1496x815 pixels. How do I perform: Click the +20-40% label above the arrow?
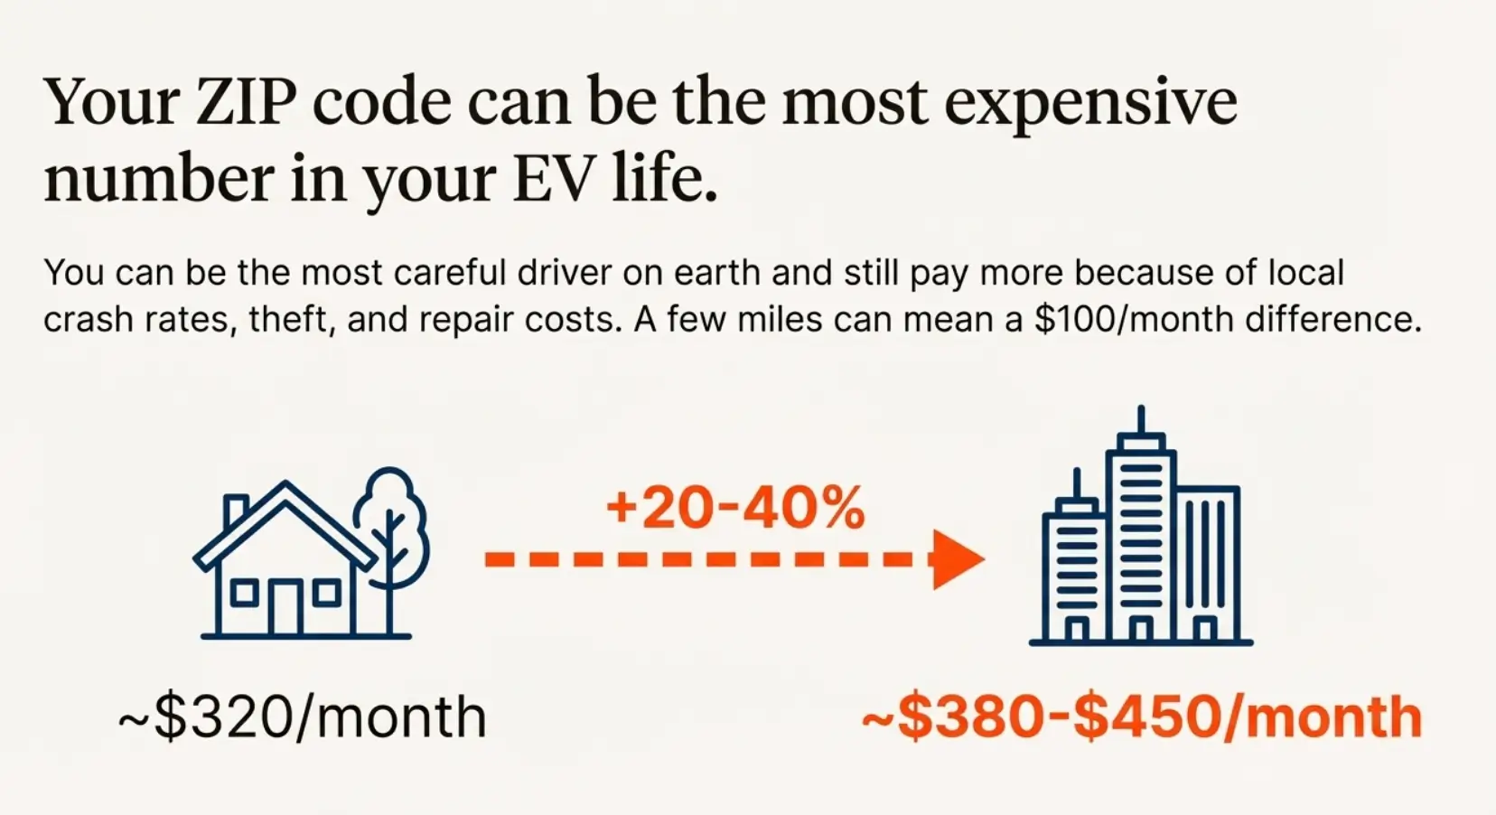pyautogui.click(x=735, y=508)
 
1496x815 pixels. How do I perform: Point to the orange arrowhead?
pyautogui.click(x=957, y=560)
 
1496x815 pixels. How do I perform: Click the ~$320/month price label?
pyautogui.click(x=302, y=717)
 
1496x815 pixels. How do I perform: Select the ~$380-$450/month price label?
pyautogui.click(x=1142, y=717)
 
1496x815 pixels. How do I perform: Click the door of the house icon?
pyautogui.click(x=285, y=607)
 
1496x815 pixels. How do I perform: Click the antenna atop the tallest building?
pyautogui.click(x=1142, y=419)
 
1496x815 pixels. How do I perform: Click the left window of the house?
pyautogui.click(x=243, y=594)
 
